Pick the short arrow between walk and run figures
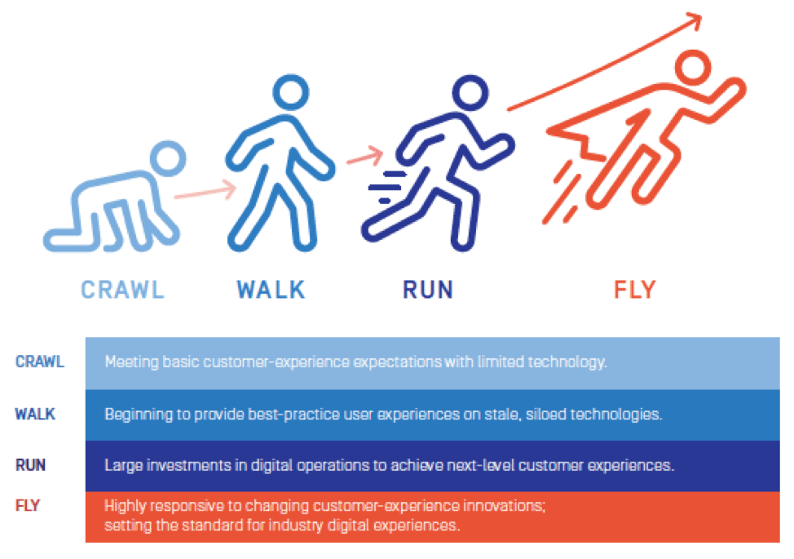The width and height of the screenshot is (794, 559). coord(364,154)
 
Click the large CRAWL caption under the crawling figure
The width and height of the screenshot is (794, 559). coord(122,289)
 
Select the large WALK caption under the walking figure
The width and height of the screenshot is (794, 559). coord(271,289)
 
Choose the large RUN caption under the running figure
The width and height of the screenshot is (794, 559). coord(428,289)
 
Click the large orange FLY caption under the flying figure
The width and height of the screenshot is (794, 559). coord(634,289)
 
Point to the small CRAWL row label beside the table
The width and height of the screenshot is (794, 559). coord(39,361)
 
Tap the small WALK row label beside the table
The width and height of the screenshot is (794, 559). coord(35,413)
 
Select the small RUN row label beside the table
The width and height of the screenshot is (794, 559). coord(30,465)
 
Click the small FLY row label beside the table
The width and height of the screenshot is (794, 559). coord(27,505)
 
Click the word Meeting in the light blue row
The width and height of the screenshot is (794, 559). coord(129,361)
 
